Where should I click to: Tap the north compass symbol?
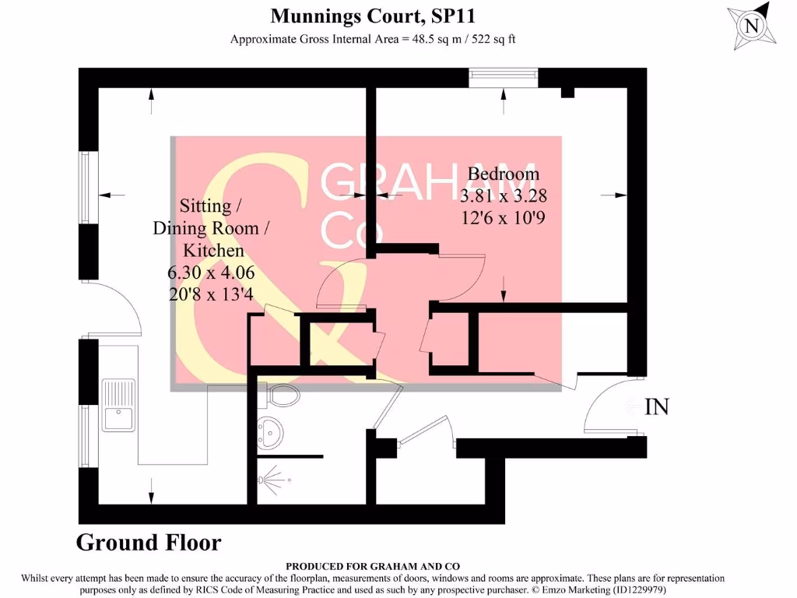[x=752, y=26]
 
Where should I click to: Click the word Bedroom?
[x=503, y=174]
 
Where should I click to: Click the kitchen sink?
[x=118, y=404]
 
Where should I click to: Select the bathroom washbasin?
[x=272, y=432]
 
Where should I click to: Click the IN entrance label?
[x=657, y=406]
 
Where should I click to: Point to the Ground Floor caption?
[x=149, y=543]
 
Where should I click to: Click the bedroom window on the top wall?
[x=504, y=76]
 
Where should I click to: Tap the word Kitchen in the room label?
[x=212, y=250]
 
